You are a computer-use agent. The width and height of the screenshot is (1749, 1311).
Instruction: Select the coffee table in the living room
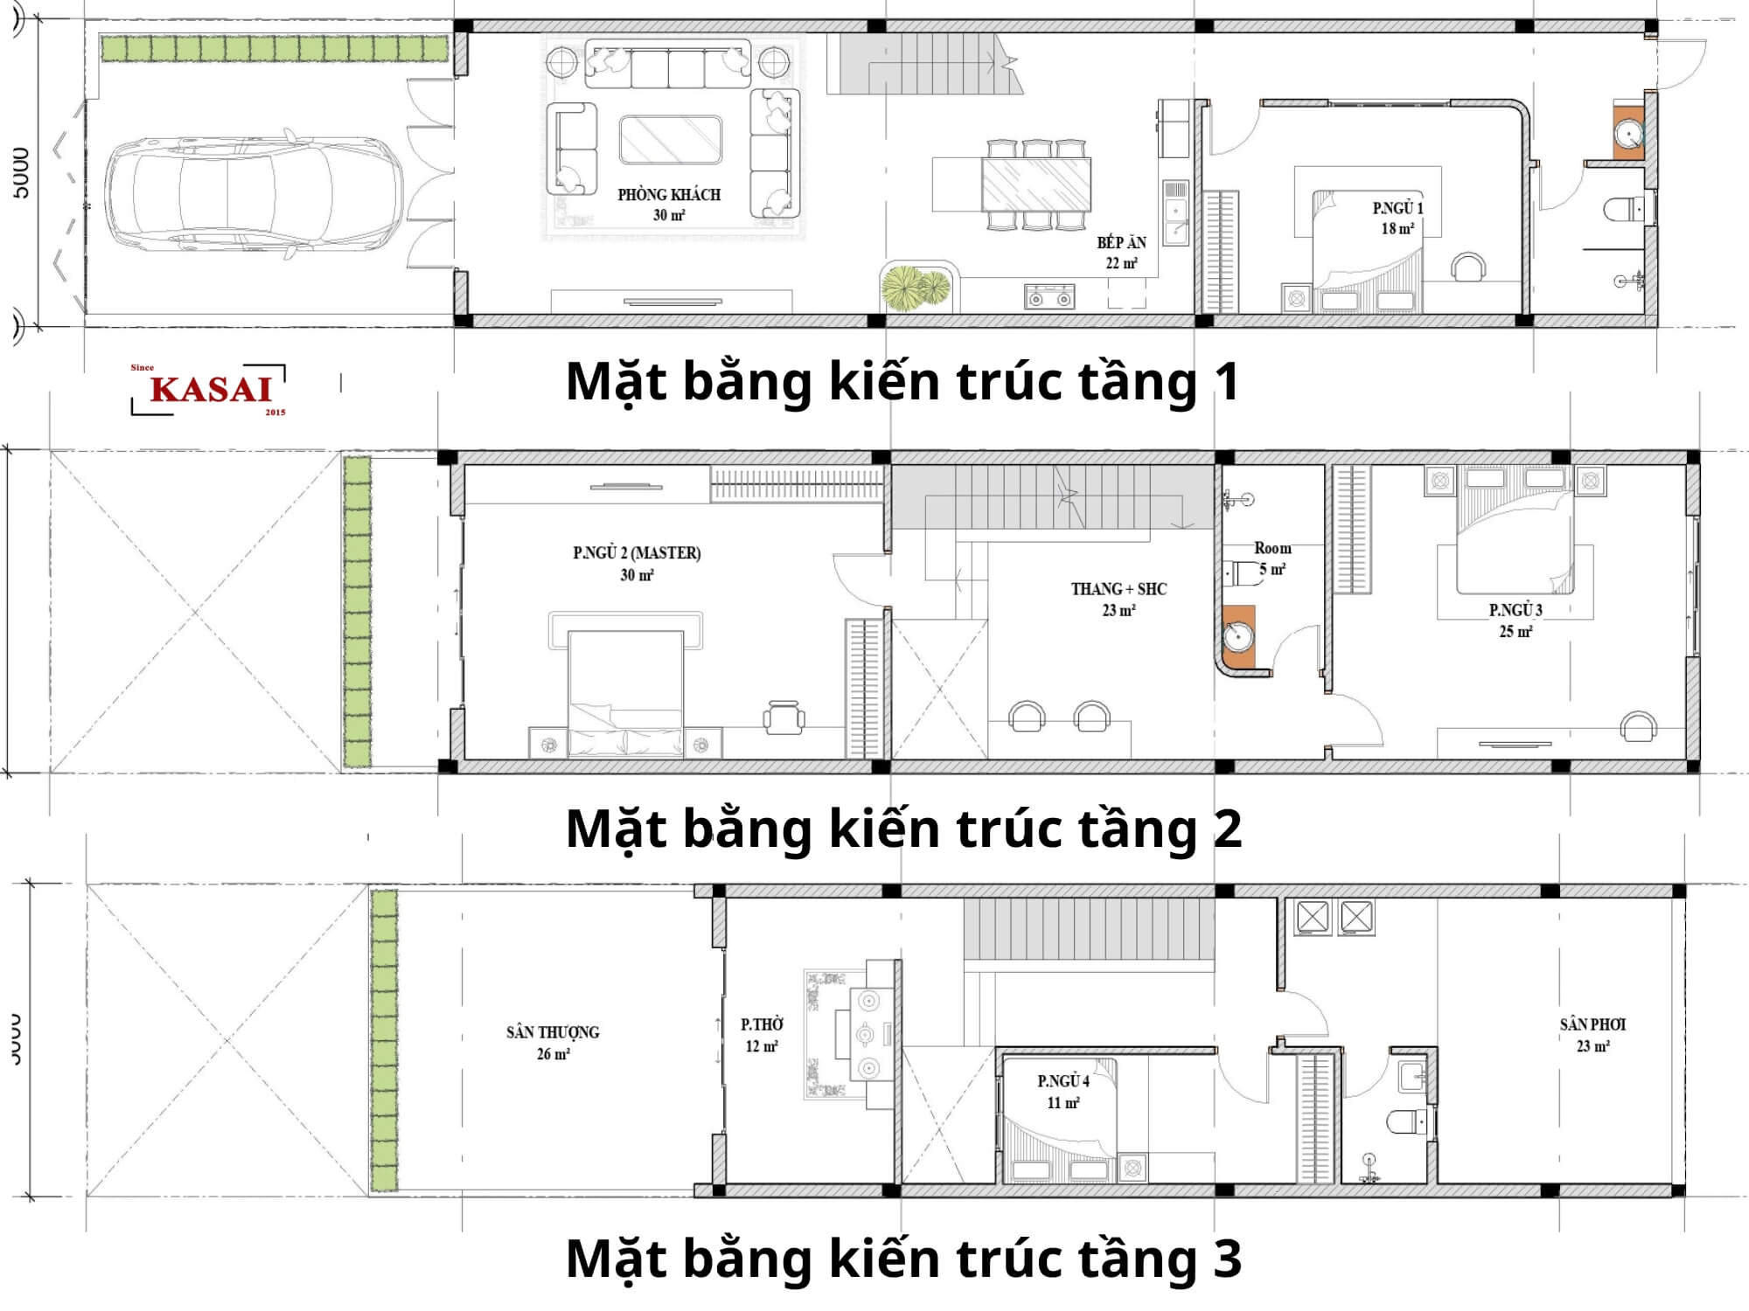click(x=671, y=140)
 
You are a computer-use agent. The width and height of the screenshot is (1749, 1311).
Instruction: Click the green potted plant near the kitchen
click(x=916, y=287)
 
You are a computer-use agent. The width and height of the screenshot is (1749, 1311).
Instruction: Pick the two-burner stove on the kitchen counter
click(x=1049, y=297)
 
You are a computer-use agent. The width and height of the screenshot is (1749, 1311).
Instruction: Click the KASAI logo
click(x=210, y=389)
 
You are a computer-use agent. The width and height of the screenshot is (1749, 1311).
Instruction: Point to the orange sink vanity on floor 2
click(x=1238, y=636)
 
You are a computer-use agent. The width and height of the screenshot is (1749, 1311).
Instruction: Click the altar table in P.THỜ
click(x=866, y=1036)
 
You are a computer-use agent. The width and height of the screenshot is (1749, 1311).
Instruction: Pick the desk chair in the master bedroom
click(x=784, y=718)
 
